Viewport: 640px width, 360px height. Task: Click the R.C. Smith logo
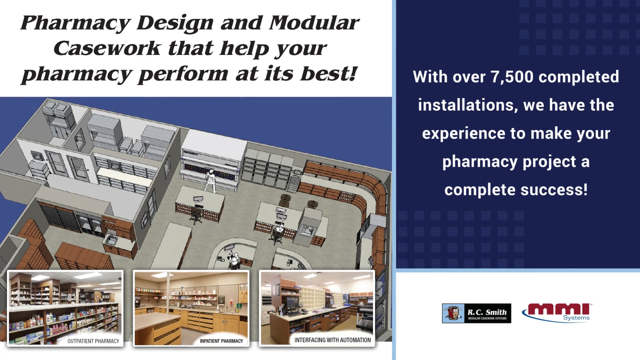pyautogui.click(x=476, y=313)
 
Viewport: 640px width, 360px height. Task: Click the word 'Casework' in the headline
pyautogui.click(x=107, y=48)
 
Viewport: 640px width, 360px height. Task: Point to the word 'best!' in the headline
pyautogui.click(x=328, y=74)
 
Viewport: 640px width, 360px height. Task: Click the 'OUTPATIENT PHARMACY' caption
pyautogui.click(x=93, y=341)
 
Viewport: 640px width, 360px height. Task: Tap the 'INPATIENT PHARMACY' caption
pyautogui.click(x=221, y=341)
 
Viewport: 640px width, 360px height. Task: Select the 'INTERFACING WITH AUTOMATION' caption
pyautogui.click(x=332, y=340)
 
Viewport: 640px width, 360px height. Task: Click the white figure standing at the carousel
pyautogui.click(x=210, y=181)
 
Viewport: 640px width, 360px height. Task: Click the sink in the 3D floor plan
pyautogui.click(x=111, y=240)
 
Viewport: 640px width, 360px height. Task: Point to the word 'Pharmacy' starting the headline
pyautogui.click(x=75, y=23)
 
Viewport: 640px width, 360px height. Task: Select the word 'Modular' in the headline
pyautogui.click(x=313, y=23)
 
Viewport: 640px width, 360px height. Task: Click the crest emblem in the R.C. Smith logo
pyautogui.click(x=453, y=313)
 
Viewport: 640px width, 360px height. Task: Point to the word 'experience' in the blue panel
pyautogui.click(x=463, y=133)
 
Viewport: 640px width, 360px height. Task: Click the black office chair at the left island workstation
pyautogui.click(x=196, y=215)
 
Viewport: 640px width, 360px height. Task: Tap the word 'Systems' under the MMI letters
pyautogui.click(x=576, y=318)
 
